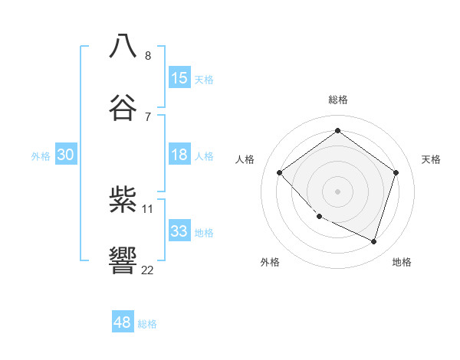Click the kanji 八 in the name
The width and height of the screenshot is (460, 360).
tap(123, 46)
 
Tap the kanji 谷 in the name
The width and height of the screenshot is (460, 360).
tap(123, 107)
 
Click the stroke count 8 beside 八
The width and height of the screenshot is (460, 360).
tap(148, 55)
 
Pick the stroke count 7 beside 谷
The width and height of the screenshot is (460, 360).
tap(148, 116)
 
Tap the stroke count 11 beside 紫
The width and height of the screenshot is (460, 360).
tap(148, 208)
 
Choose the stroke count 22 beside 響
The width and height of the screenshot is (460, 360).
tap(148, 270)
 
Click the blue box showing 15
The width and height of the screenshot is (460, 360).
tap(179, 77)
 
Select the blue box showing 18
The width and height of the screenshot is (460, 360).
tap(179, 155)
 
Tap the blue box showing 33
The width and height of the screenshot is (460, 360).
tap(179, 231)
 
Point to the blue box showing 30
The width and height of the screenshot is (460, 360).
tap(66, 155)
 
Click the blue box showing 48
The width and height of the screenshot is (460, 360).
tap(123, 322)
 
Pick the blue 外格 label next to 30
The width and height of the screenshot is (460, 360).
tap(41, 155)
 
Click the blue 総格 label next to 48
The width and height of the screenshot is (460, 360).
tap(147, 324)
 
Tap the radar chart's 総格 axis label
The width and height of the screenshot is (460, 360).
tap(337, 100)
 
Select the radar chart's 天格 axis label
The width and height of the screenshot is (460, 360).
tap(431, 159)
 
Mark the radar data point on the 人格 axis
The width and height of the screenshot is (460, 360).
tap(280, 173)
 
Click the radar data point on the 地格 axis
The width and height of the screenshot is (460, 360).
tap(373, 242)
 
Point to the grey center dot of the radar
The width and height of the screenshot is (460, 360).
tap(337, 191)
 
